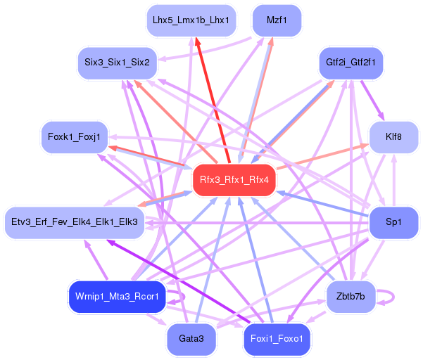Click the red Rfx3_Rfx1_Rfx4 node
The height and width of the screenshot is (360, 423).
pos(234,180)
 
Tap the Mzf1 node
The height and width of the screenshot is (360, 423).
pos(277,20)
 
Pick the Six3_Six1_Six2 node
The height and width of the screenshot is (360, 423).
pos(117,63)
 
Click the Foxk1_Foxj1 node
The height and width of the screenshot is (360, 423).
pos(74,136)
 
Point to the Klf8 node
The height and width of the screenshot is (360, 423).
pos(393,136)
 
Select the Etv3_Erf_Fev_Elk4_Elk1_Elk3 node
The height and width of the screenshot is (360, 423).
pos(74,222)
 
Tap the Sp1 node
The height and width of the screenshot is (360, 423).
pos(393,222)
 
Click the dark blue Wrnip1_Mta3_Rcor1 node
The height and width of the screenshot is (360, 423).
pos(117,296)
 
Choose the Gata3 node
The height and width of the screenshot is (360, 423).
pos(191,339)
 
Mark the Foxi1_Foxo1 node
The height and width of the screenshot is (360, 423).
pos(277,339)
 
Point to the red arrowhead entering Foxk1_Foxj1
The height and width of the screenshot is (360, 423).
pos(113,148)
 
